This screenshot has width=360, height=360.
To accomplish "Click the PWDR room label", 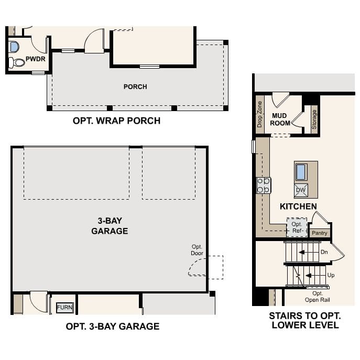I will pyautogui.click(x=35, y=59).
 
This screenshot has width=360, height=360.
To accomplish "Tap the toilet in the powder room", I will pyautogui.click(x=17, y=62).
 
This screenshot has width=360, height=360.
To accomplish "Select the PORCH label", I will pyautogui.click(x=135, y=86).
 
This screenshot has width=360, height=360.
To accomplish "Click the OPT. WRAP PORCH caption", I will pyautogui.click(x=116, y=121).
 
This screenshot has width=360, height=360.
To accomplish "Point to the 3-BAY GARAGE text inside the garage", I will pyautogui.click(x=110, y=226).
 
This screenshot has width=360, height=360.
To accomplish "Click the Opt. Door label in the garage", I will pyautogui.click(x=197, y=250).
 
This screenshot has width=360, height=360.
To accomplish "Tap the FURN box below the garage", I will pyautogui.click(x=65, y=307).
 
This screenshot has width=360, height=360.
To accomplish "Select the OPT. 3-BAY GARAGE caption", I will pyautogui.click(x=112, y=326).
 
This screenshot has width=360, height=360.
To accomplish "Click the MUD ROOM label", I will pyautogui.click(x=280, y=119).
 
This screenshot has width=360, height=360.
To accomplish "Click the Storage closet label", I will pyautogui.click(x=314, y=119).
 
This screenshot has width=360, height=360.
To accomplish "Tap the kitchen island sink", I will pyautogui.click(x=301, y=172).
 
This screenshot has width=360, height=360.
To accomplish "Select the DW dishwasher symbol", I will pyautogui.click(x=301, y=190).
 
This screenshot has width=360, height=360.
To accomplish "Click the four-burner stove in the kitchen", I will pyautogui.click(x=264, y=185).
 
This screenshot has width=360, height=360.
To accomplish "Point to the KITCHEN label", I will pyautogui.click(x=298, y=206).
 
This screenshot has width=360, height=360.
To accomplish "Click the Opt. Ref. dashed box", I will pyautogui.click(x=297, y=227).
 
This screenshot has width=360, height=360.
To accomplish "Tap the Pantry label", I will pyautogui.click(x=319, y=233).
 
